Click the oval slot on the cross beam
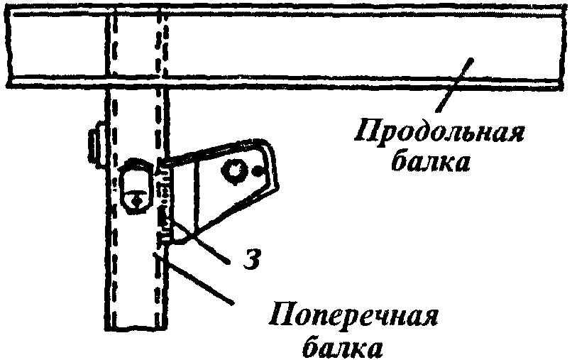136,185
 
